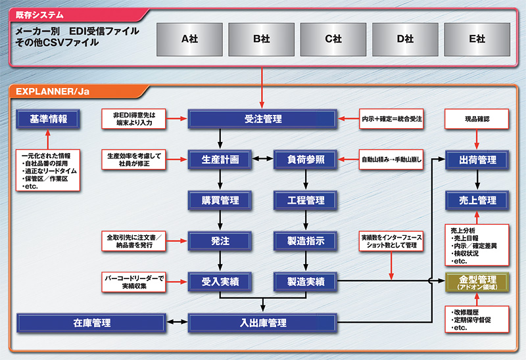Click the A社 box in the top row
coord(189,39)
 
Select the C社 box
coord(333,39)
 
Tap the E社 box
coord(477,39)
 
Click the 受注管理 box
coord(262,119)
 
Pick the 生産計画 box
coord(220,159)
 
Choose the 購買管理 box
coord(220,200)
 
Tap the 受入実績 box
coord(220,281)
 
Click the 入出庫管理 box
coord(262,323)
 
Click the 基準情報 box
coord(48,119)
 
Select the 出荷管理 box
coord(477,159)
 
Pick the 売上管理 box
coord(477,200)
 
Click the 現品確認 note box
coord(477,119)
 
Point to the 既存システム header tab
coord(42,13)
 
